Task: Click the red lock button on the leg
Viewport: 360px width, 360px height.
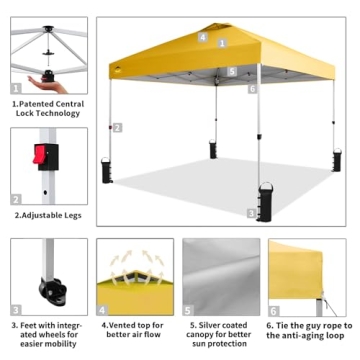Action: pos(42,155)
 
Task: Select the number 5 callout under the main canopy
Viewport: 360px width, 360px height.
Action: pos(231,71)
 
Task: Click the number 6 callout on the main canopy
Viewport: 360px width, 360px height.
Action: pos(253,89)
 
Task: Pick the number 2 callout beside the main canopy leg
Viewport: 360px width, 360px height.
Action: pos(117,127)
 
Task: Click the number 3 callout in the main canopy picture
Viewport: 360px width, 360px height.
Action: pos(251,212)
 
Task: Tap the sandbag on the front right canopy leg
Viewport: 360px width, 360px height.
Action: pos(265,200)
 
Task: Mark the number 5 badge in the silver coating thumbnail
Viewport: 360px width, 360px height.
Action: pos(189,308)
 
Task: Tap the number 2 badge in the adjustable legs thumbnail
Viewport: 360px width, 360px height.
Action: pos(16,198)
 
